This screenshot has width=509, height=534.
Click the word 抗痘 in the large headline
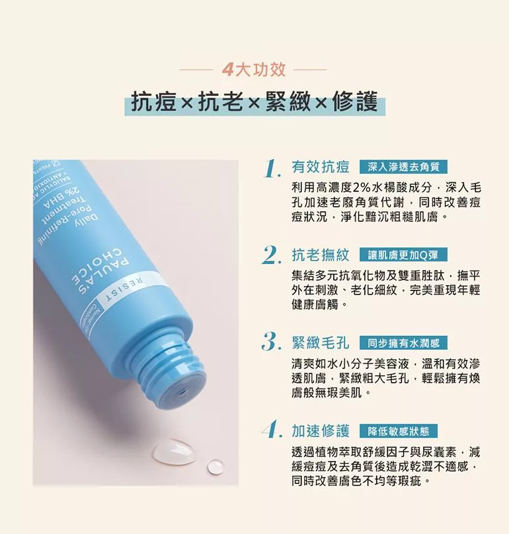(x=154, y=102)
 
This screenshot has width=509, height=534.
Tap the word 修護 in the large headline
(x=355, y=102)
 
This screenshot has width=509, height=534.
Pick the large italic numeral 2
(x=272, y=256)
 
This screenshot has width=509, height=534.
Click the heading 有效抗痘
(x=321, y=167)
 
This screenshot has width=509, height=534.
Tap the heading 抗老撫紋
(x=321, y=255)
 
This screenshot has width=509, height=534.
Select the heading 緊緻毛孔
(x=321, y=343)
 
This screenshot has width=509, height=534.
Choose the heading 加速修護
(x=321, y=431)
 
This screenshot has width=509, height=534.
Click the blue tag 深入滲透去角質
(x=403, y=167)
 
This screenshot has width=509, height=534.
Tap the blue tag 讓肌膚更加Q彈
(x=403, y=255)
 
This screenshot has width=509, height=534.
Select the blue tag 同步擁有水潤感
(x=403, y=343)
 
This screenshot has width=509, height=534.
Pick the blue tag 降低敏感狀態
(x=399, y=431)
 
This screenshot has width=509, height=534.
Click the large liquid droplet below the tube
(x=174, y=452)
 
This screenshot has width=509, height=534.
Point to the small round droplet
(x=215, y=467)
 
